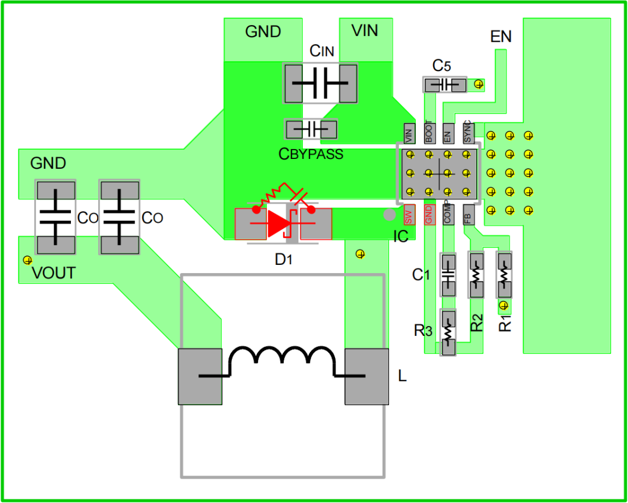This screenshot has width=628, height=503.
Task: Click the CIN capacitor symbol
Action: coord(320,83)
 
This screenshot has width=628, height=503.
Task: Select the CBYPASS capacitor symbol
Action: coord(311,129)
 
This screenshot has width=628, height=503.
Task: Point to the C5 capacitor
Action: coord(445,85)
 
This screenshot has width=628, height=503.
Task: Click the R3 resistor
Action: coord(448,333)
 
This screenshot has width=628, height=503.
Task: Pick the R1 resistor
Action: coord(504,274)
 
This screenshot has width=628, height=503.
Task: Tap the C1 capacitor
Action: coord(448,274)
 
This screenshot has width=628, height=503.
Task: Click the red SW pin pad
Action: coord(409,215)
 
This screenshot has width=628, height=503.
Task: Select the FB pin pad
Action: coord(468,215)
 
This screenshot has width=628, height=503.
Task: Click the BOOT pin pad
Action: coord(429,133)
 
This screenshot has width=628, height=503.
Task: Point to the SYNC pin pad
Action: coord(468,133)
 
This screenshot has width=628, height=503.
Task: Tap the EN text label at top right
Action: coord(501,37)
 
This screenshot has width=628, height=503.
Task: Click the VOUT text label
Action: coord(53,272)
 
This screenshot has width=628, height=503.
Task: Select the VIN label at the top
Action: coord(365,30)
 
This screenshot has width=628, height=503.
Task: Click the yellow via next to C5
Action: coord(479,84)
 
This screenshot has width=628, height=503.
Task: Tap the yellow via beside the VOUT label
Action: coord(26,259)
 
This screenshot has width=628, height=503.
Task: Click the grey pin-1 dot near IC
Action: coord(389,215)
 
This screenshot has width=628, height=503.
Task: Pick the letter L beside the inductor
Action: coord(402,376)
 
